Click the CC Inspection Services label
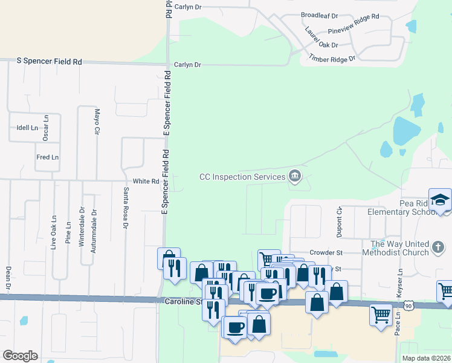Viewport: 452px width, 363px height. (x=242, y=177)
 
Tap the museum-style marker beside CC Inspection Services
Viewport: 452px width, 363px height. (x=295, y=176)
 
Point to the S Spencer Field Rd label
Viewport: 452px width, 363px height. (x=50, y=62)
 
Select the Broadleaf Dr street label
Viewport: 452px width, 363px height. (x=319, y=16)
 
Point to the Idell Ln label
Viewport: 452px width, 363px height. (x=28, y=128)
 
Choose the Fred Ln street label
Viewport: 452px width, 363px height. (x=47, y=157)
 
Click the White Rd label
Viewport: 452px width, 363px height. (x=146, y=181)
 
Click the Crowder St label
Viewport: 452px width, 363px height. (x=326, y=252)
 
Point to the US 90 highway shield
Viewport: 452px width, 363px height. (x=410, y=306)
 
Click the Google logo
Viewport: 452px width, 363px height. (x=20, y=356)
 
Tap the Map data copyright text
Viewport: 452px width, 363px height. (x=425, y=358)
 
